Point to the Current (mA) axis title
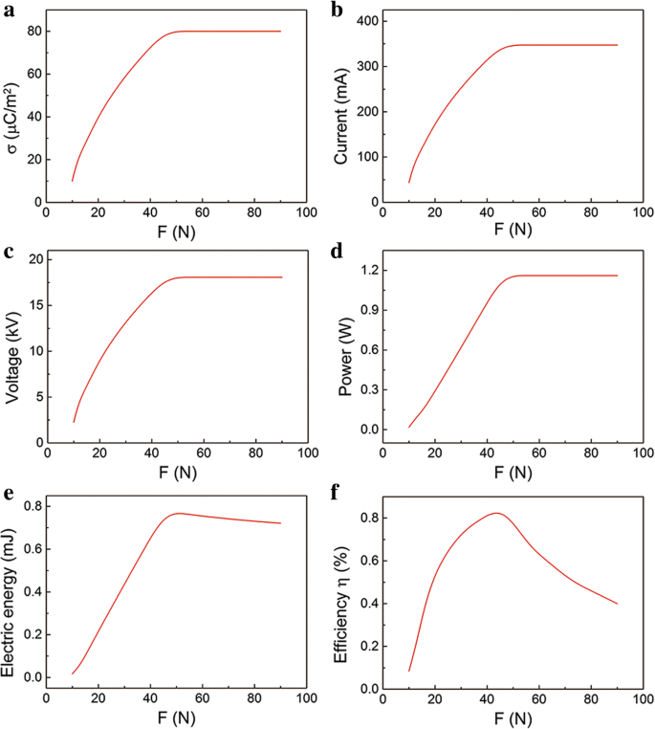click(341, 107)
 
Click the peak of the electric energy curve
click(179, 513)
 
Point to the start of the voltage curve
click(73, 422)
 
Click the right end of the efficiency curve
click(617, 604)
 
